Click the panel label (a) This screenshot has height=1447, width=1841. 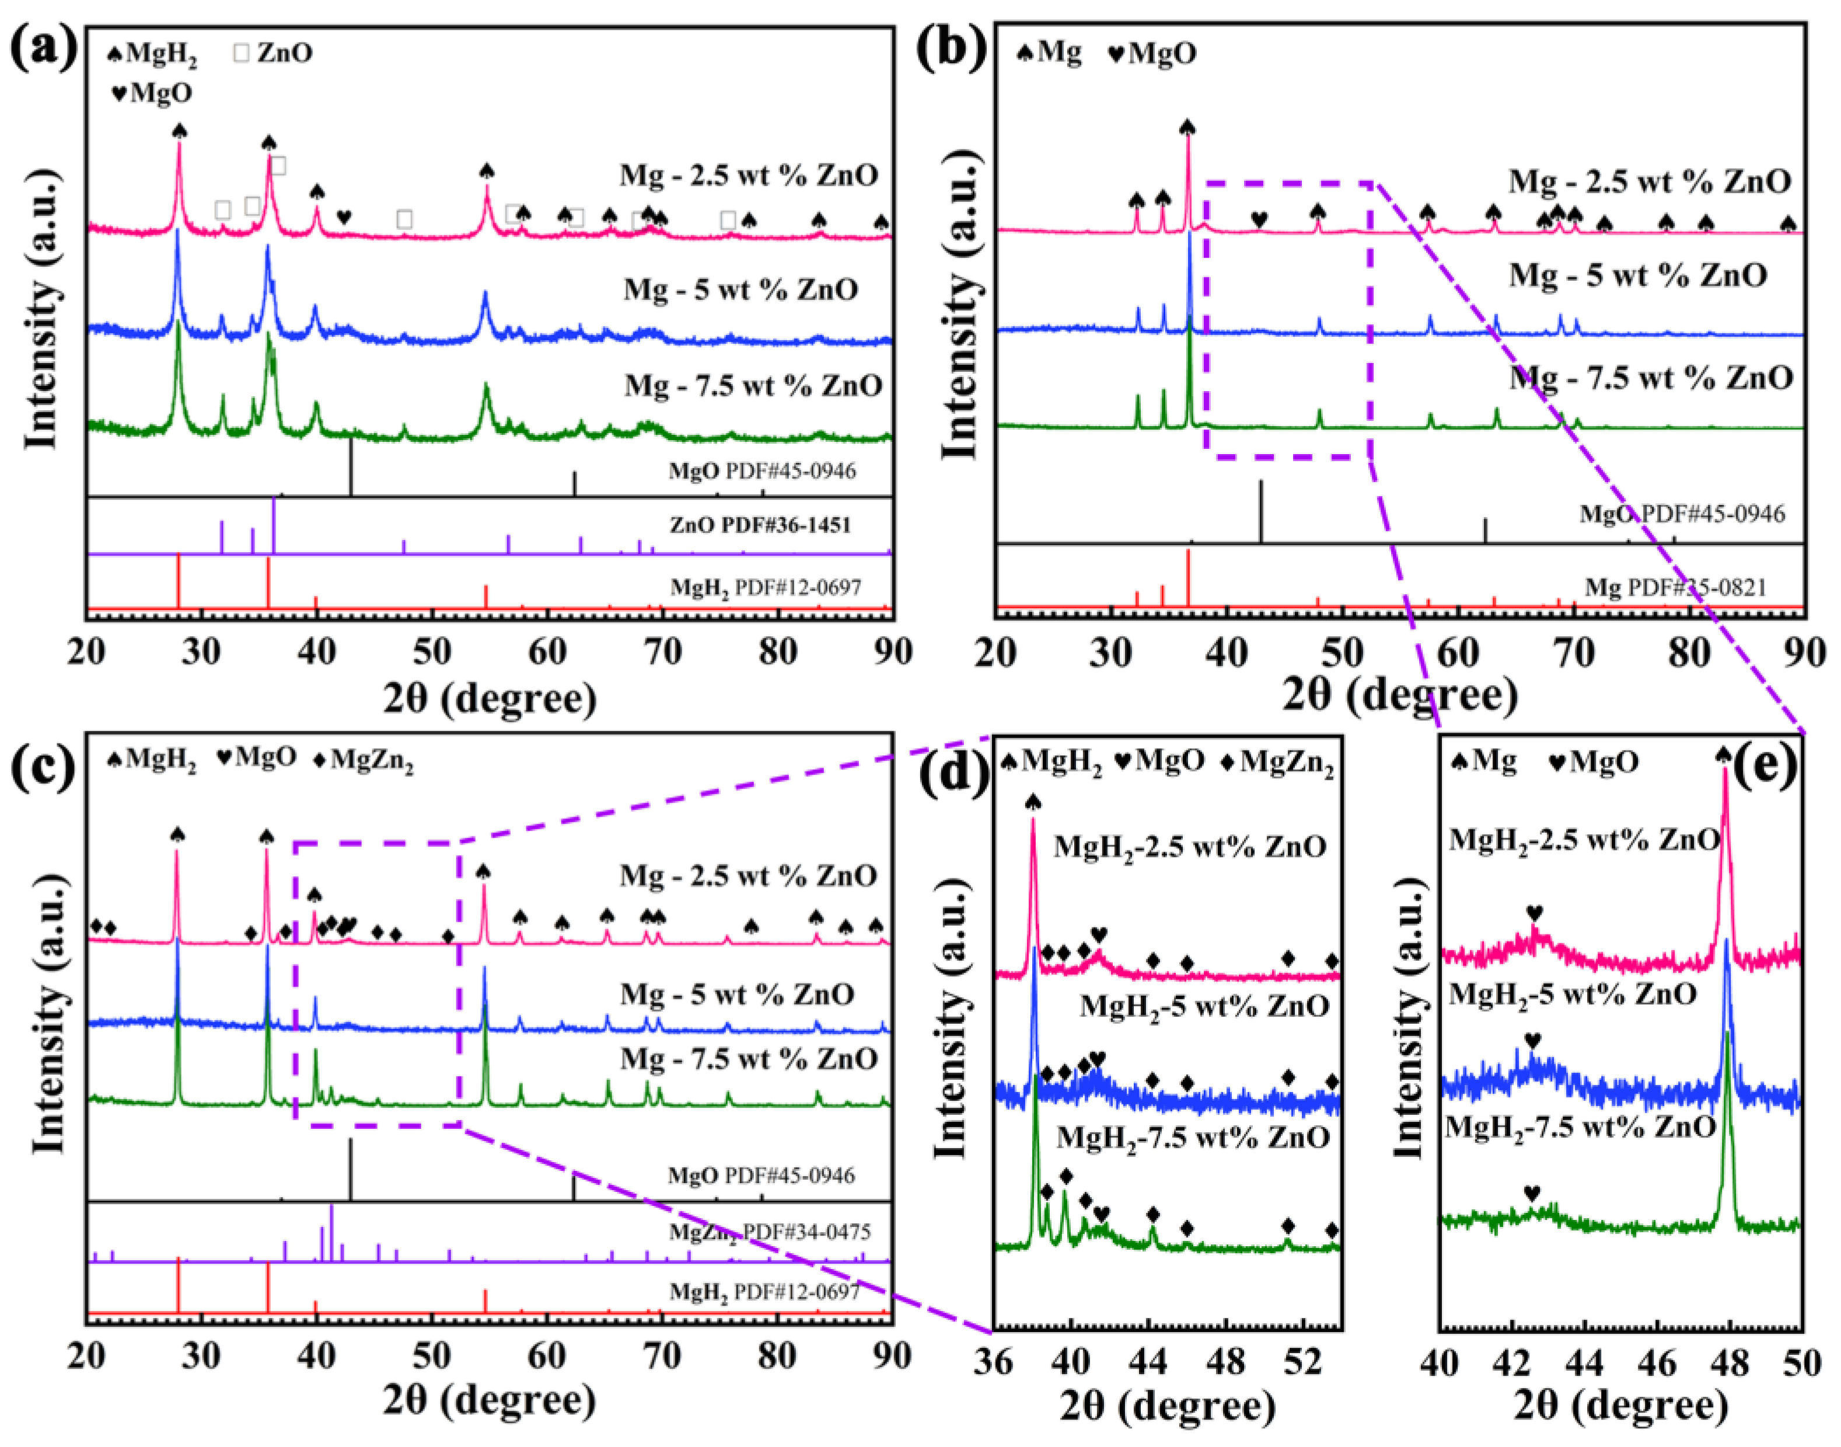click(44, 48)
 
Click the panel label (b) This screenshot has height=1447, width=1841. click(953, 48)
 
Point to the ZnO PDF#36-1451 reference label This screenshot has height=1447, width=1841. click(760, 525)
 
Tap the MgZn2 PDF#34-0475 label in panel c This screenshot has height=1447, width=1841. click(769, 1232)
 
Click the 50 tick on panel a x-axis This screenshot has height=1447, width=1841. click(432, 653)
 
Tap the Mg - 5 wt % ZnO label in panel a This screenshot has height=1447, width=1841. click(740, 290)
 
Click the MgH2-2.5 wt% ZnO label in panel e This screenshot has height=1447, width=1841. click(1584, 839)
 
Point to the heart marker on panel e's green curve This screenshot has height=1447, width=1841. click(1532, 1194)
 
